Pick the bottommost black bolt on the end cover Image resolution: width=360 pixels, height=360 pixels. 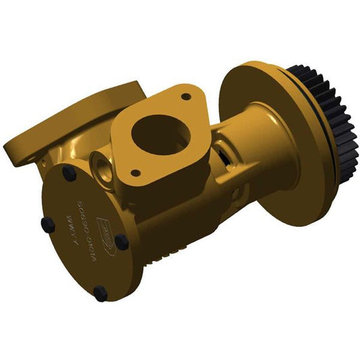click(x=100, y=293)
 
